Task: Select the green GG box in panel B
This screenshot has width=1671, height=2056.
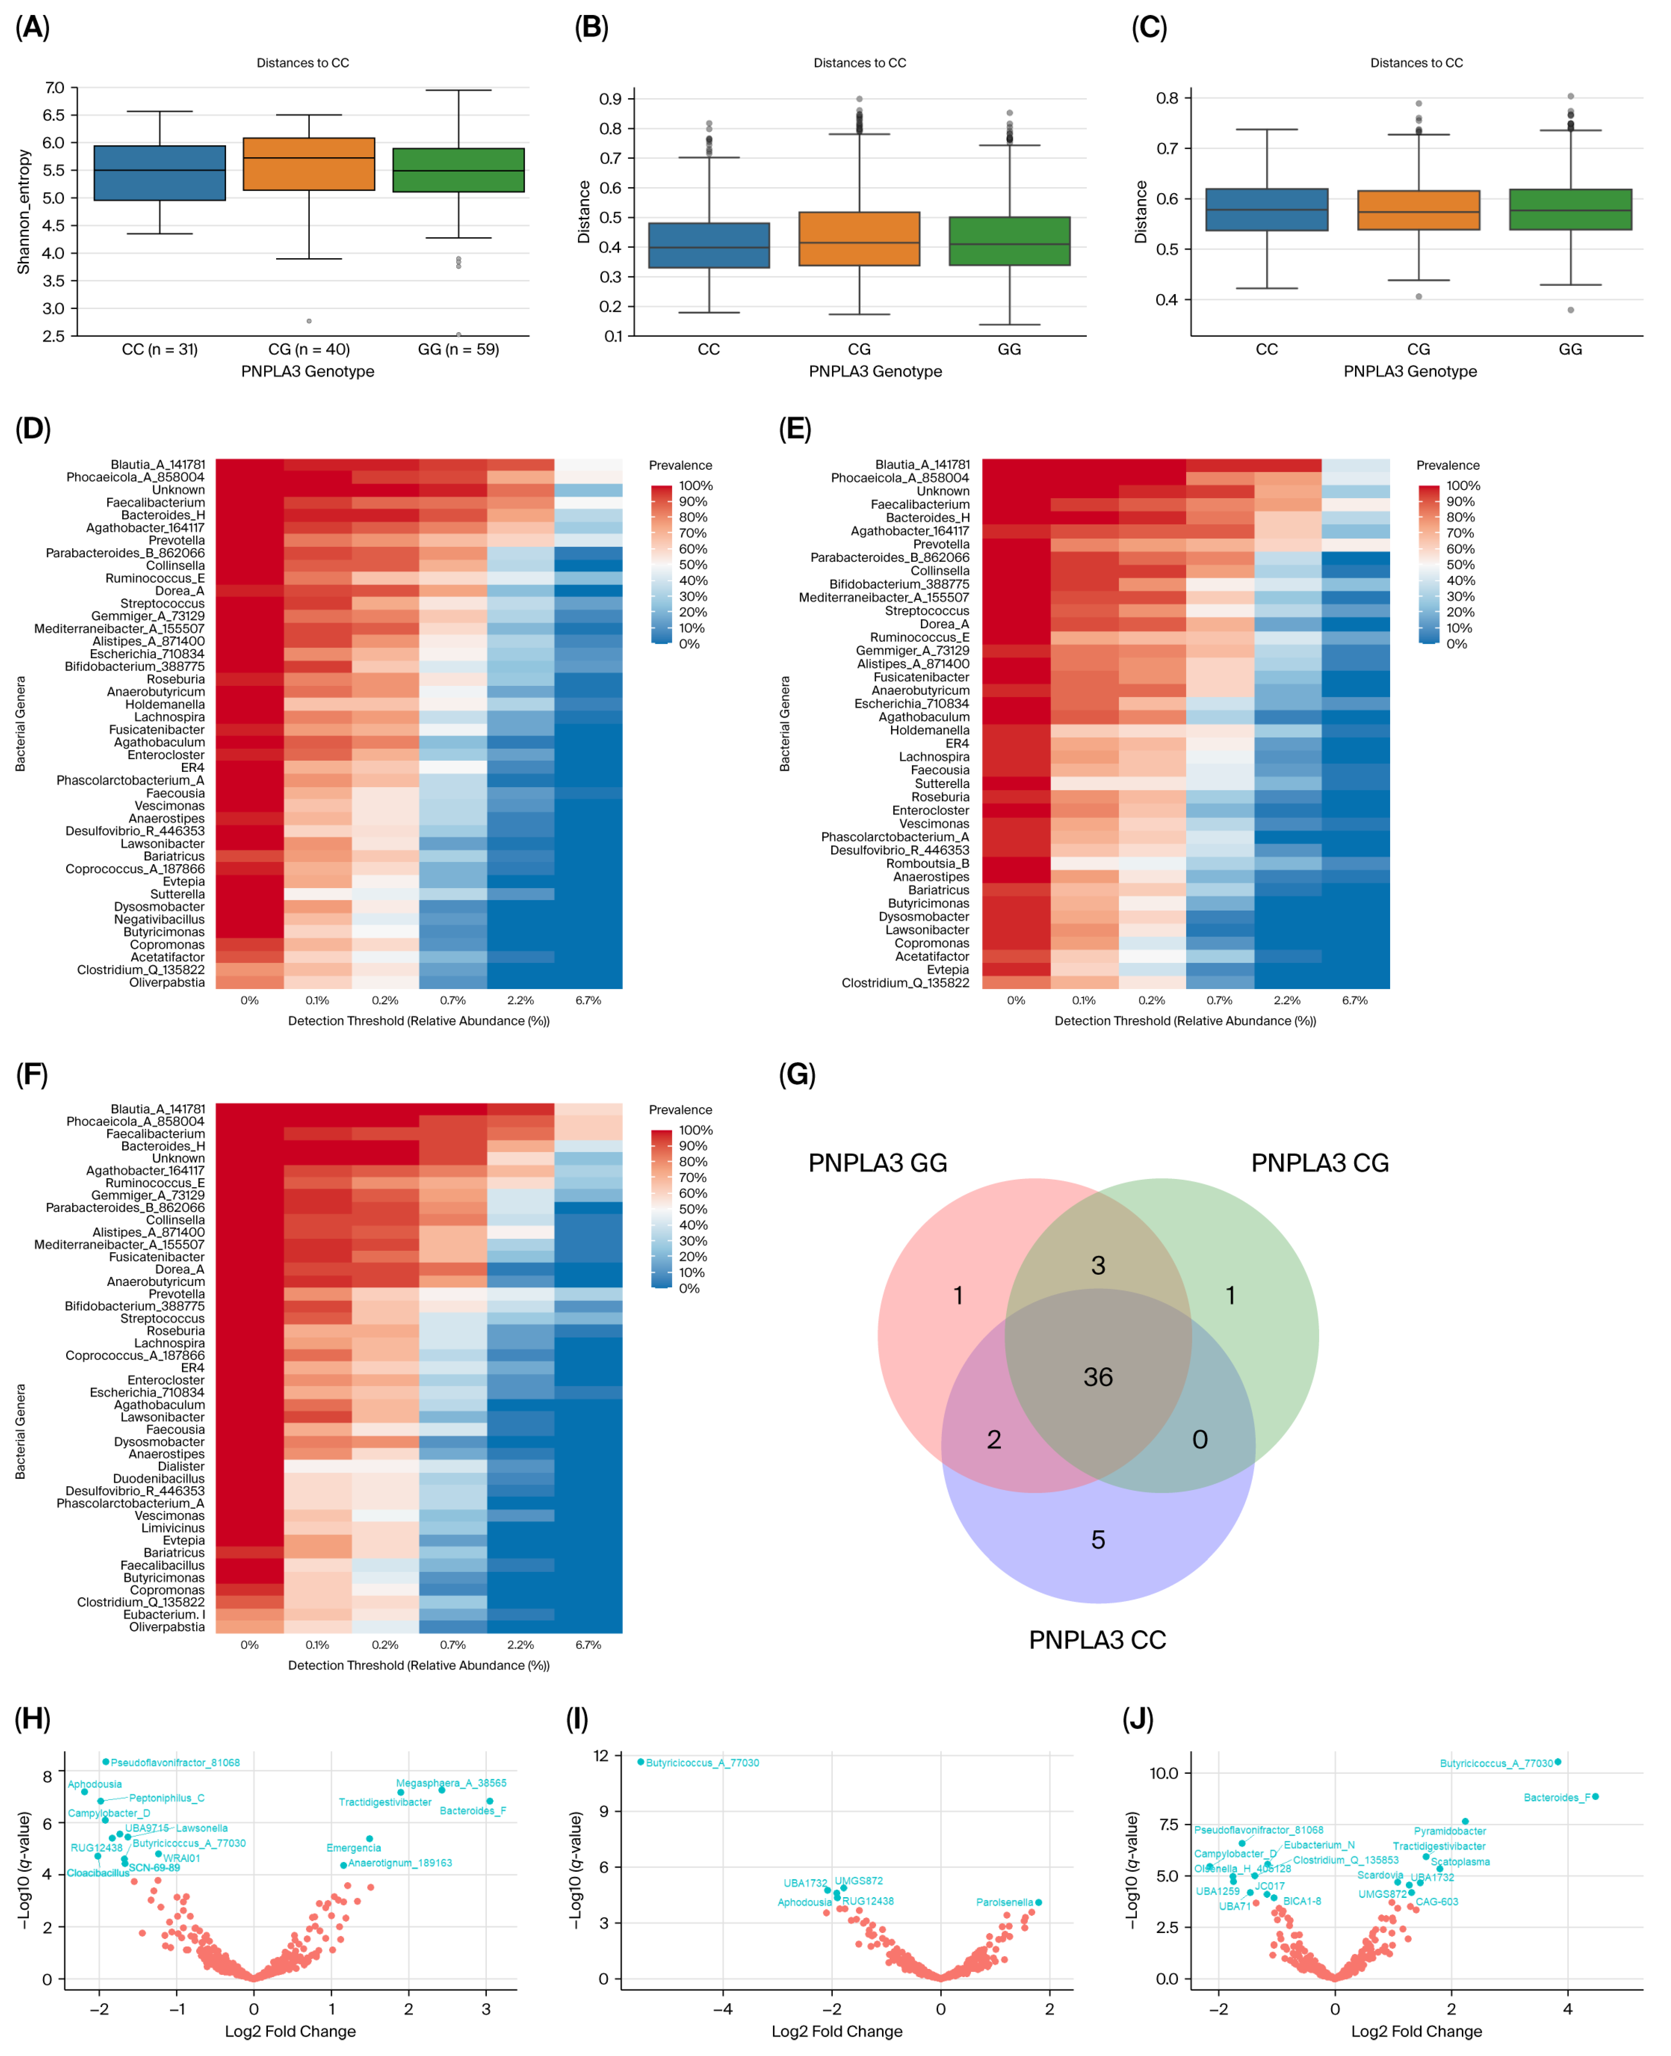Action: pyautogui.click(x=1009, y=241)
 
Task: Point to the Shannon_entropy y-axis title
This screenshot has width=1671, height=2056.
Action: pyautogui.click(x=24, y=212)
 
